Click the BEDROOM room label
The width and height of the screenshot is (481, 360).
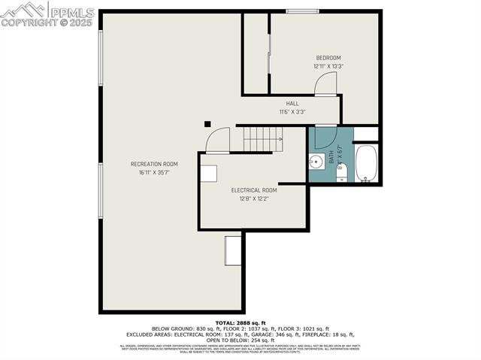pos(328,58)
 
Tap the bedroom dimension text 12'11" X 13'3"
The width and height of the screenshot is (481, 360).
pos(328,66)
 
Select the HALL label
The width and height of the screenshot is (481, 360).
pos(292,104)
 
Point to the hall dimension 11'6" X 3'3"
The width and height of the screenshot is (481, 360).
pos(292,112)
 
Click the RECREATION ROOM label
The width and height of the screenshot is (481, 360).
pos(154,164)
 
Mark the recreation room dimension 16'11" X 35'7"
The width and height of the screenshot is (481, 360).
pos(154,172)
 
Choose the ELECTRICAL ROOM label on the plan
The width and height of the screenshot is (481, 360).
pos(254,190)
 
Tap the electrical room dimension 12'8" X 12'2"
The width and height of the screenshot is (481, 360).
pos(254,198)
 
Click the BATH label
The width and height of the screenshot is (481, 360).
pos(331,157)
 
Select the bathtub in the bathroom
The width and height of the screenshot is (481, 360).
pos(366,163)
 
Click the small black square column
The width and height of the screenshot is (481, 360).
pos(208,125)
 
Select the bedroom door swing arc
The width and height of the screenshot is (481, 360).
pos(326,84)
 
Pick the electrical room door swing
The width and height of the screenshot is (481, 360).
pos(219,141)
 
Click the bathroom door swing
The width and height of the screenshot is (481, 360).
pos(325,137)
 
